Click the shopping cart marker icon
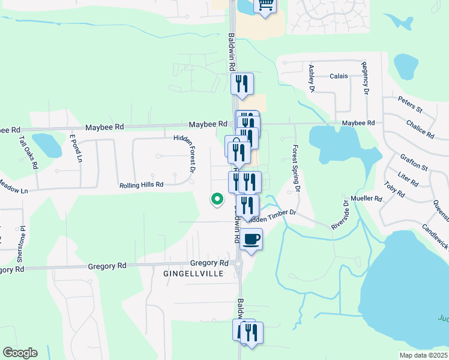(x=265, y=5)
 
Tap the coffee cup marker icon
(x=251, y=239)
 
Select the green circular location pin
(x=217, y=199)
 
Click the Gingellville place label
(x=193, y=274)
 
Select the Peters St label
(x=411, y=106)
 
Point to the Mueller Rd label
(x=368, y=198)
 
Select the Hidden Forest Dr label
(x=185, y=154)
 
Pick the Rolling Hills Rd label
(x=141, y=185)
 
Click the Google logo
(x=20, y=353)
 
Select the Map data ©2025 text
(x=423, y=355)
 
